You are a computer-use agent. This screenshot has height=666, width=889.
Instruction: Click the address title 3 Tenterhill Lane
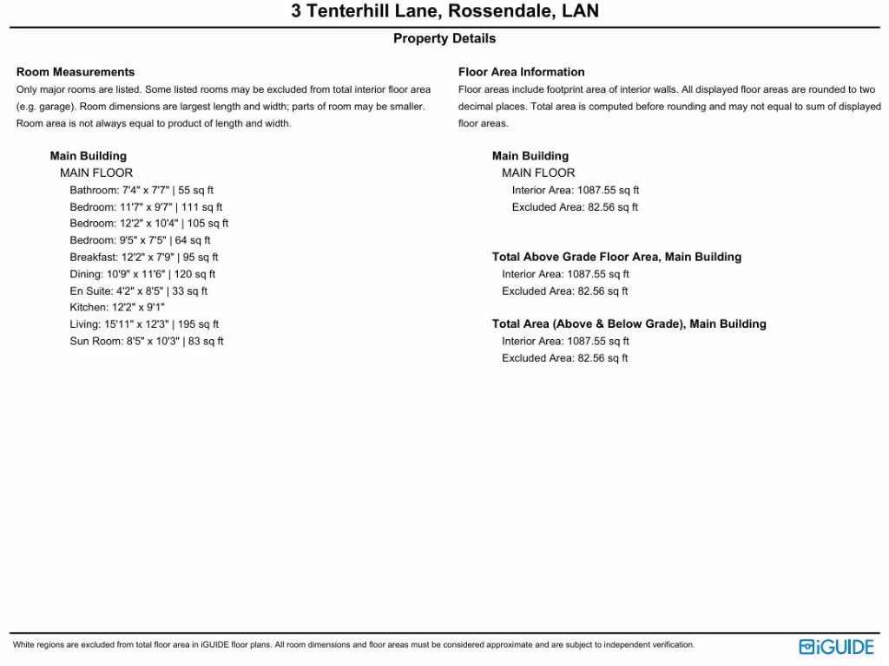click(x=444, y=12)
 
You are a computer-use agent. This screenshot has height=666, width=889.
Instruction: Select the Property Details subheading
click(x=444, y=38)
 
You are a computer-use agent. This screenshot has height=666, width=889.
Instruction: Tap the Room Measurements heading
click(x=76, y=72)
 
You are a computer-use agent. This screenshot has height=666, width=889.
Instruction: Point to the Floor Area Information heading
click(x=521, y=72)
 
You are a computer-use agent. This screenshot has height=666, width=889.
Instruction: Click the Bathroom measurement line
click(x=142, y=190)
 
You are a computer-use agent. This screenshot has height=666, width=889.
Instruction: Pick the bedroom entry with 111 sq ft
click(x=146, y=207)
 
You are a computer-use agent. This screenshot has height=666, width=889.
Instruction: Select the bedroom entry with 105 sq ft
click(x=149, y=224)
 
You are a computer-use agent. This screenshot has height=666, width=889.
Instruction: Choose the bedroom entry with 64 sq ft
click(x=140, y=240)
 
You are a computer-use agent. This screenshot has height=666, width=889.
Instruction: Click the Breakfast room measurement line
click(x=144, y=258)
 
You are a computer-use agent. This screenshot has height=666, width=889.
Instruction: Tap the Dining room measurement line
click(x=142, y=274)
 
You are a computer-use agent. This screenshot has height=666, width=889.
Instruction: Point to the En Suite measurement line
click(x=138, y=291)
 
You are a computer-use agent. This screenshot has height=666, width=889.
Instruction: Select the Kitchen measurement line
click(x=117, y=308)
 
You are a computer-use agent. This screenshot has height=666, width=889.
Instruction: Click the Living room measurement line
click(x=144, y=324)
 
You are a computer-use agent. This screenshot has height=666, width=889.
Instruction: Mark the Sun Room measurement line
click(x=147, y=342)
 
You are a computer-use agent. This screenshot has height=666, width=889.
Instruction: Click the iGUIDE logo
click(x=836, y=647)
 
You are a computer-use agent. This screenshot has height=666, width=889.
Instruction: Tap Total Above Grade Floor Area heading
click(x=616, y=258)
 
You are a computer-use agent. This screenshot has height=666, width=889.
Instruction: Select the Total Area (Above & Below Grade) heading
click(x=629, y=324)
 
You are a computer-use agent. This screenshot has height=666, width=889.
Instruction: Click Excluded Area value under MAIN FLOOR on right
click(x=575, y=207)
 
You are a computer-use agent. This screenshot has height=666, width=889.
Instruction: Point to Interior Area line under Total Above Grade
click(x=565, y=274)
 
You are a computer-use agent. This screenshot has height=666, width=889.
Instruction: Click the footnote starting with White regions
click(x=353, y=645)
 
